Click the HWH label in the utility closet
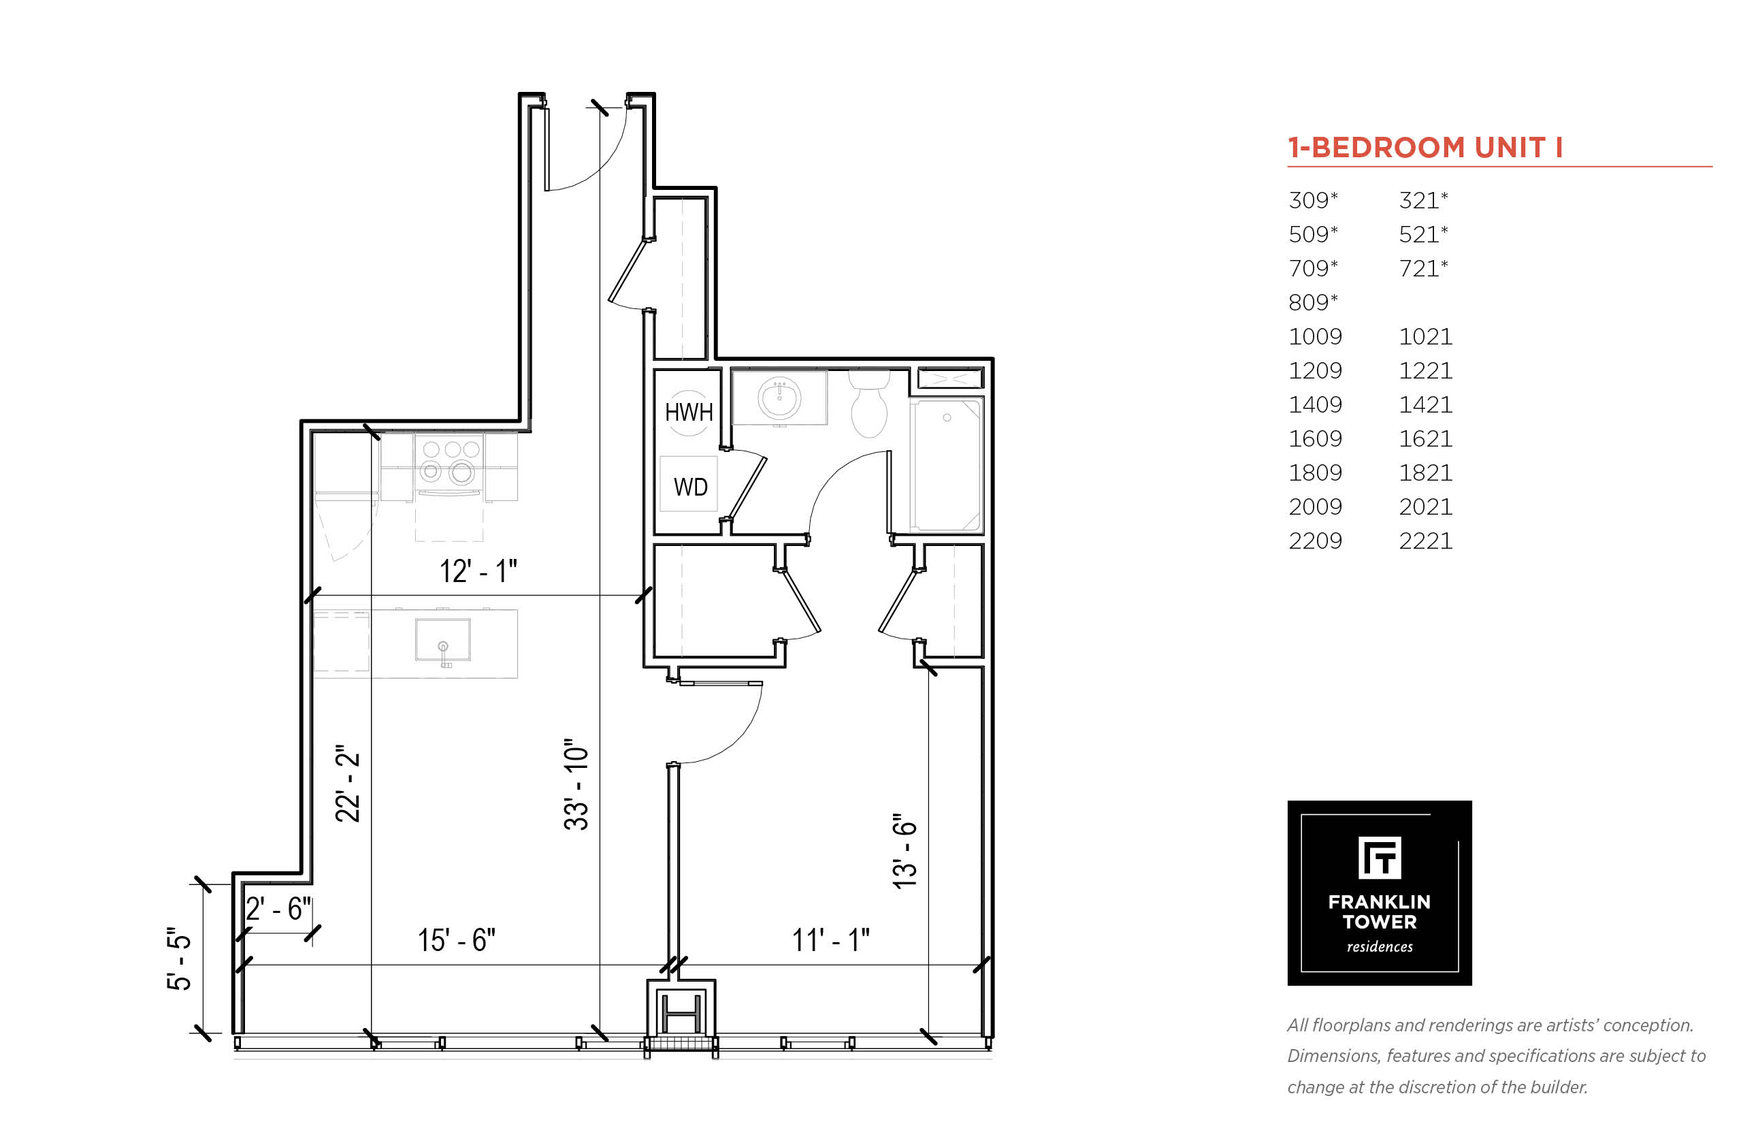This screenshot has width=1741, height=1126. click(x=689, y=413)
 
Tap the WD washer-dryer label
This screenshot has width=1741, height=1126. click(x=690, y=487)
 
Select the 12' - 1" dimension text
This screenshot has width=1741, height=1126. click(x=478, y=571)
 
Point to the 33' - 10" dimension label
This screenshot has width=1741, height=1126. click(x=576, y=784)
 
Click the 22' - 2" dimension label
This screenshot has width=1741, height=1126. click(x=348, y=784)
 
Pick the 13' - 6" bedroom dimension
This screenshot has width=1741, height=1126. click(x=904, y=851)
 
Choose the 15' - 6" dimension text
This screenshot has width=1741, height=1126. click(x=456, y=940)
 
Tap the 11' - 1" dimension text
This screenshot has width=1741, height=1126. click(x=831, y=940)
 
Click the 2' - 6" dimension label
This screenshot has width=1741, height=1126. click(x=278, y=909)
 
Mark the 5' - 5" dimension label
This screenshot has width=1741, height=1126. click(x=178, y=959)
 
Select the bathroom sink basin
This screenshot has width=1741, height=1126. click(x=779, y=398)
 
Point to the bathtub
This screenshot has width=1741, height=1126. click(x=947, y=465)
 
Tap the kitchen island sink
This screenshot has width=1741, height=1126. click(x=443, y=641)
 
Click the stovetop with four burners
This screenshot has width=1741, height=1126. click(x=448, y=462)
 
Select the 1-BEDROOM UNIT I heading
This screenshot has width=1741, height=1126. click(x=1425, y=148)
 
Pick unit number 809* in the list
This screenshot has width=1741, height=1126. click(x=1313, y=302)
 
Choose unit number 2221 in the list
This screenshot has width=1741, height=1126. click(x=1425, y=541)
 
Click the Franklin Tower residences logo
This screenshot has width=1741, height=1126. click(x=1379, y=892)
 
